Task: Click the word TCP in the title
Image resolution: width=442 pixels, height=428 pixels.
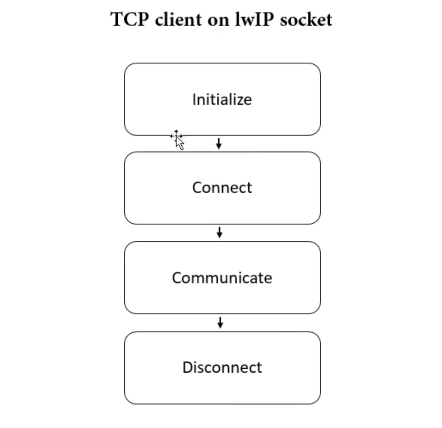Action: pyautogui.click(x=129, y=20)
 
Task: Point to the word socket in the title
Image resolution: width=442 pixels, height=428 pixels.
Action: pyautogui.click(x=306, y=20)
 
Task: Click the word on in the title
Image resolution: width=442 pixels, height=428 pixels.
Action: pyautogui.click(x=218, y=21)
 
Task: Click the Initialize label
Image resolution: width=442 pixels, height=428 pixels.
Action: pyautogui.click(x=222, y=99)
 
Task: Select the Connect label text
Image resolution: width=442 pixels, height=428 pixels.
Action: pyautogui.click(x=222, y=188)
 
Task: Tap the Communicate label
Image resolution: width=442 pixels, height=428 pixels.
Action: pyautogui.click(x=222, y=278)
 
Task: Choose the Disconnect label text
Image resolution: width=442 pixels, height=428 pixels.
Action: pyautogui.click(x=222, y=367)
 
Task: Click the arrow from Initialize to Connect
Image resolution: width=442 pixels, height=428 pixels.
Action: pyautogui.click(x=218, y=144)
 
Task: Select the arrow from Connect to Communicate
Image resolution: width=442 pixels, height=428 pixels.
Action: pyautogui.click(x=219, y=232)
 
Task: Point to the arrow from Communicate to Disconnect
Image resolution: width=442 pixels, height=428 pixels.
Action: pyautogui.click(x=220, y=323)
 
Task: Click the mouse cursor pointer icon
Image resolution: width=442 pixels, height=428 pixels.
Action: pyautogui.click(x=177, y=140)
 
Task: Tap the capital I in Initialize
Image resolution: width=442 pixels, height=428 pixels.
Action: pyautogui.click(x=194, y=99)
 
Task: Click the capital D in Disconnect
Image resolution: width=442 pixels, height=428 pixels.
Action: pyautogui.click(x=187, y=367)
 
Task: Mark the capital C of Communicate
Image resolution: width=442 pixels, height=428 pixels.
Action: pyautogui.click(x=177, y=278)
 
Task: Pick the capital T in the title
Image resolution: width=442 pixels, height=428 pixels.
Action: pyautogui.click(x=117, y=20)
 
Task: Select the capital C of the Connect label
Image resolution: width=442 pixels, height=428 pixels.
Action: pyautogui.click(x=197, y=188)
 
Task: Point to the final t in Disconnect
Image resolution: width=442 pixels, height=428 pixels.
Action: pyautogui.click(x=260, y=368)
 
